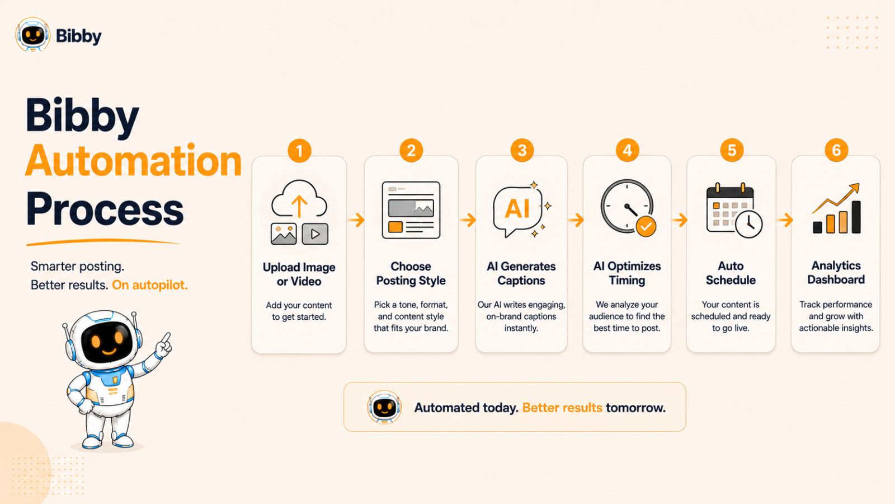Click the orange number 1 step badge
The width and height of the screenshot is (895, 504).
pos(299,151)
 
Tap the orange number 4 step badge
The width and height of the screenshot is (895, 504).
pos(627,151)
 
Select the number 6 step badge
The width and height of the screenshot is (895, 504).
pos(836,151)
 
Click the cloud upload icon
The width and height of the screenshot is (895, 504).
pos(299,199)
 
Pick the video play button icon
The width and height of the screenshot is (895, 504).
pos(315,234)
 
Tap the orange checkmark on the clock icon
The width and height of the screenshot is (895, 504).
pos(646,227)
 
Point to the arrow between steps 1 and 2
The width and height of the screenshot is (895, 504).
pos(356,220)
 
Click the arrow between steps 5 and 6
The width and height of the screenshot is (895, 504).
pos(785,220)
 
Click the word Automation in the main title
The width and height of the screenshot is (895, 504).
pos(134,161)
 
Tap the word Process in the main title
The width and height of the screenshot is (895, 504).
pos(105,209)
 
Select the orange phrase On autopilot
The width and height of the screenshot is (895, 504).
pos(149,285)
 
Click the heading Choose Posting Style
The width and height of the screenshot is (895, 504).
pos(411,274)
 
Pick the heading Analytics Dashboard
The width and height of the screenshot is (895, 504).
pos(836,273)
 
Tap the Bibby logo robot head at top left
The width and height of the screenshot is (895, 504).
pos(33,35)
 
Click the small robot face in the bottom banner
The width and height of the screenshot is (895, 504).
pos(384,407)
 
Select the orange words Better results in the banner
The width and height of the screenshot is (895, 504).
pos(562,408)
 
